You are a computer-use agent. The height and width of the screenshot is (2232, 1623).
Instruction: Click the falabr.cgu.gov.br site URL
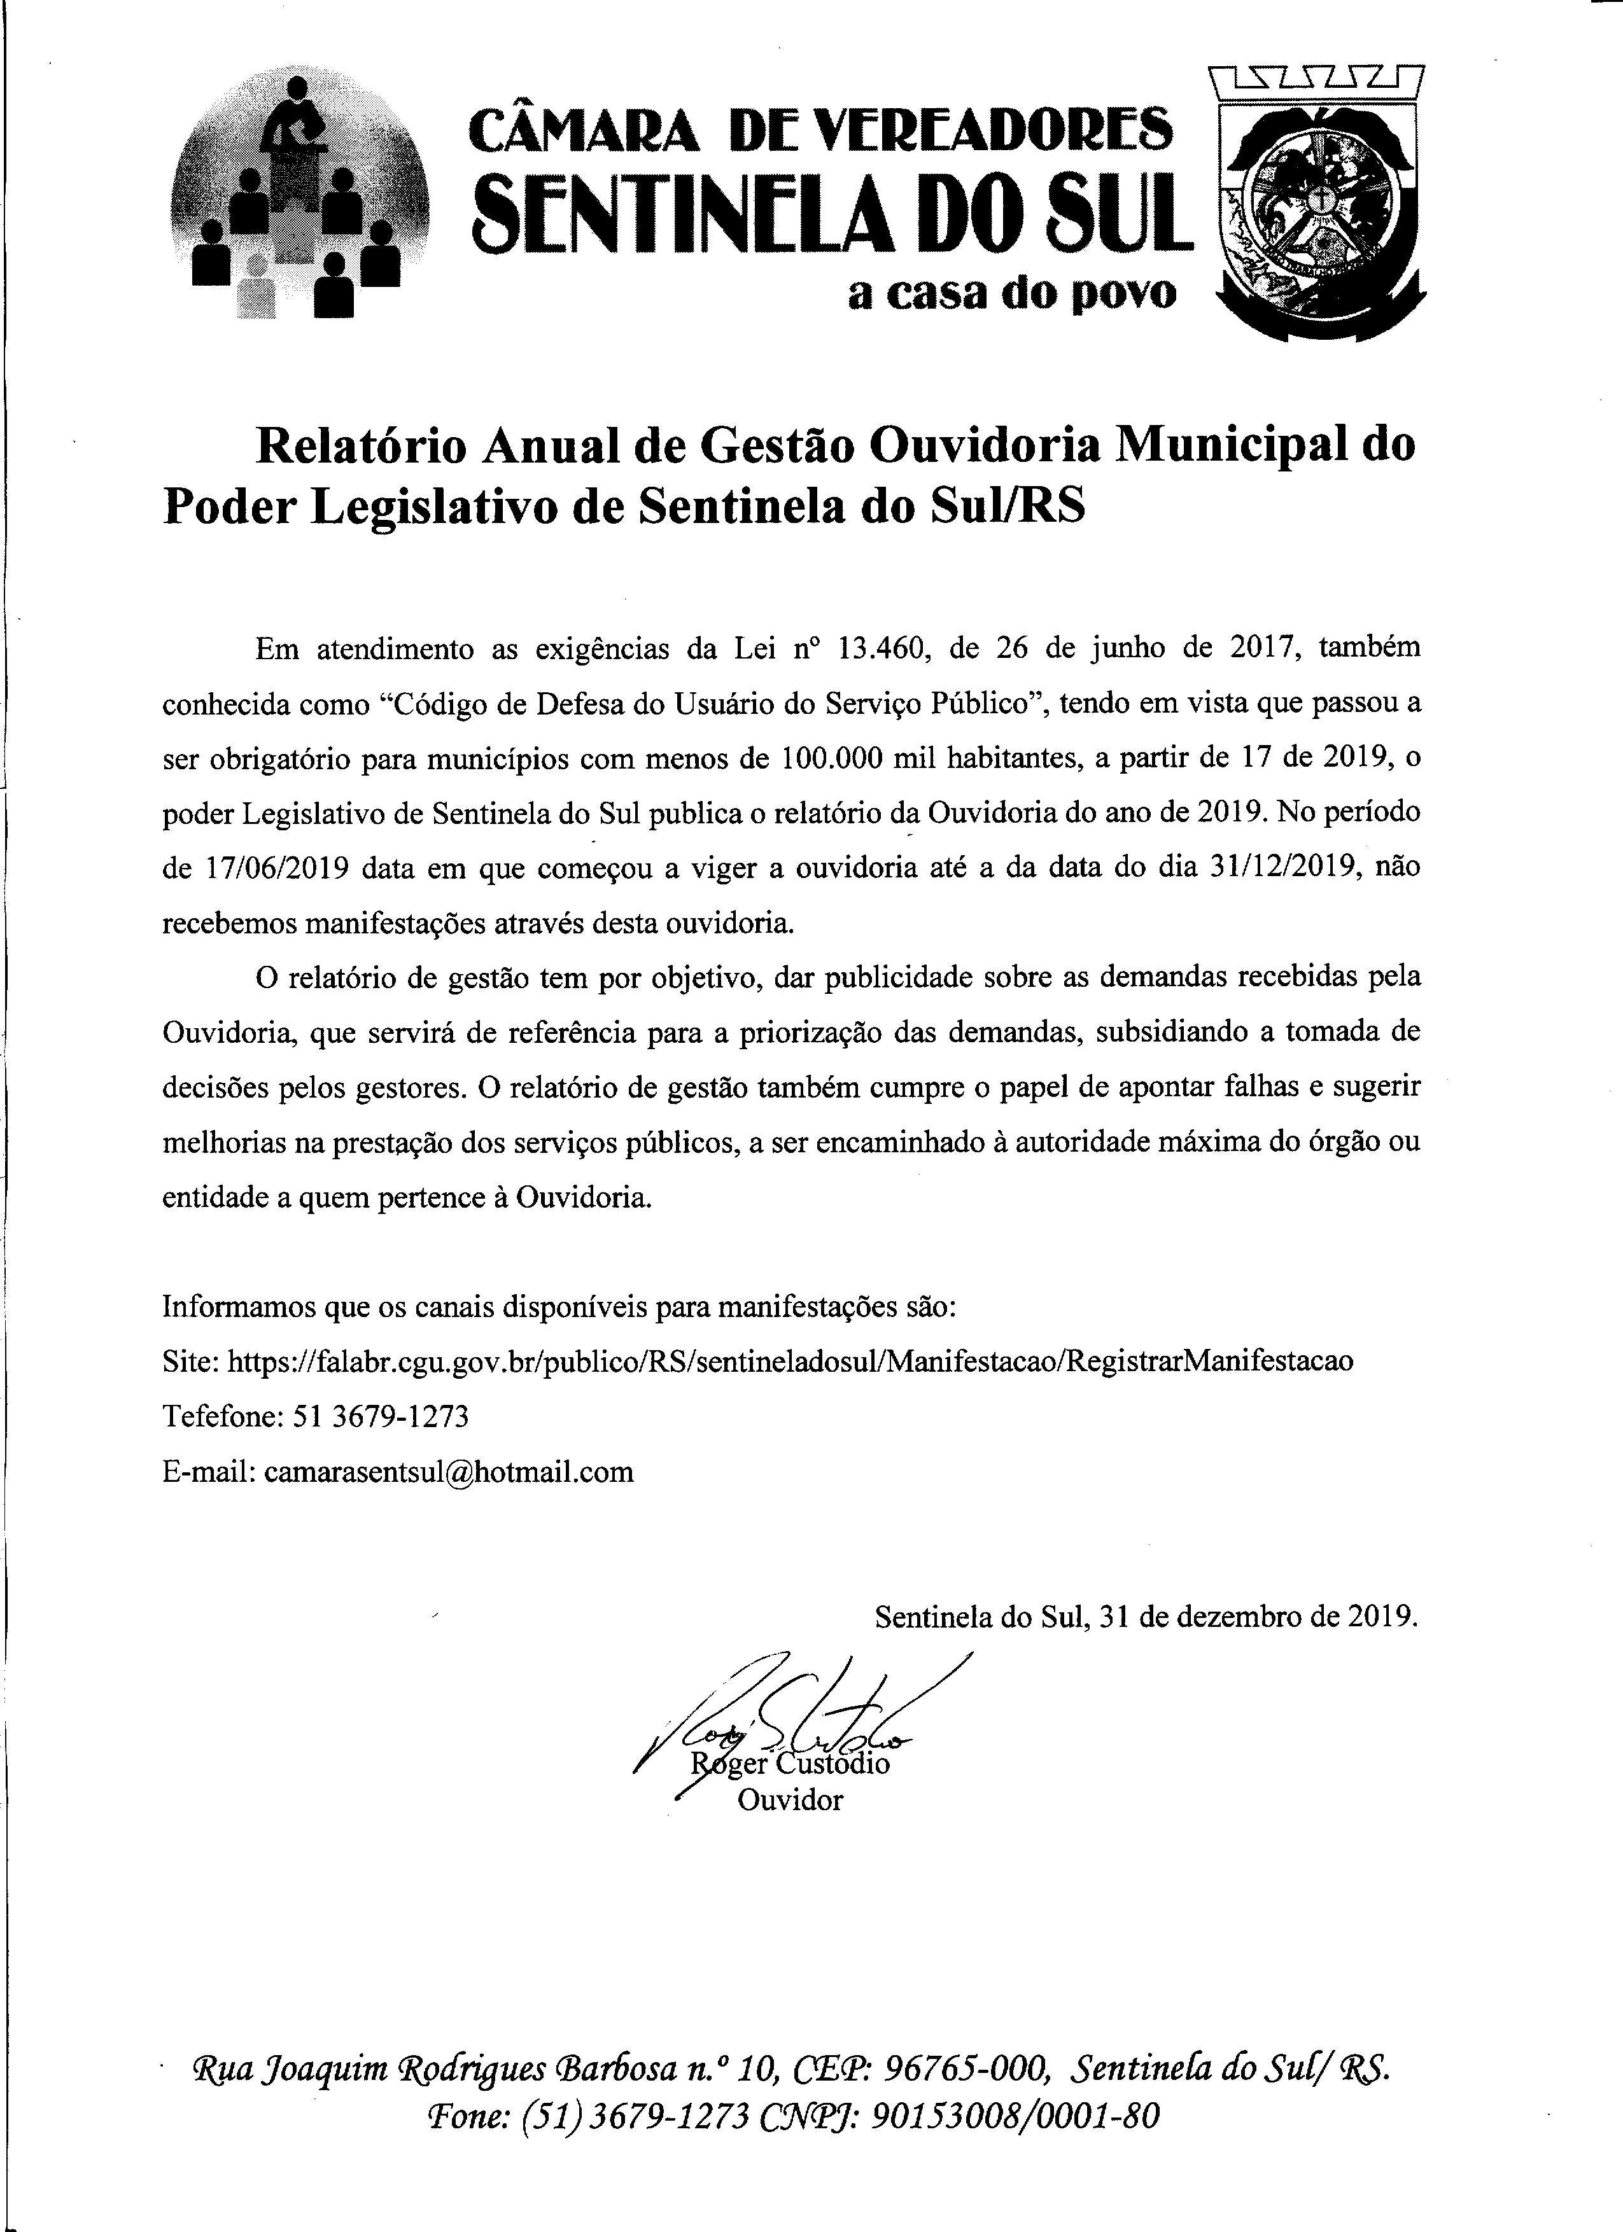(x=789, y=1361)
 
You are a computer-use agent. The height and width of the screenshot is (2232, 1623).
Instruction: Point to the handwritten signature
(x=787, y=1712)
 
